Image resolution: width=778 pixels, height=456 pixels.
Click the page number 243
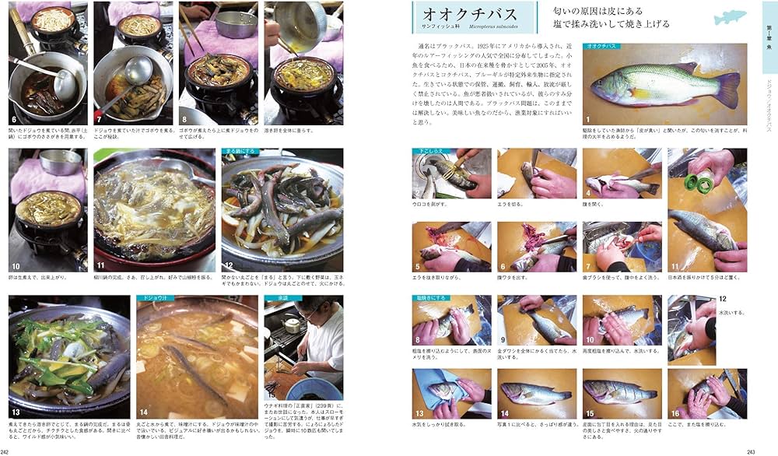point(751,451)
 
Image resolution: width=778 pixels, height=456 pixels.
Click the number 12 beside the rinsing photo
point(722,299)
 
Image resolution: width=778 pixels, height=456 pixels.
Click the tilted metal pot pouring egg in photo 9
point(300,27)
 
